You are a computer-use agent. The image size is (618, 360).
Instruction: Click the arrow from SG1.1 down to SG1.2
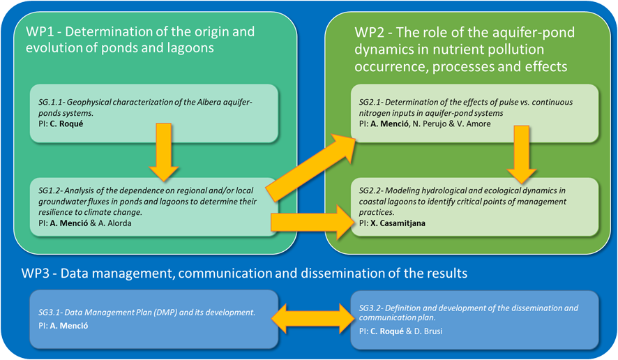point(165,153)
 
